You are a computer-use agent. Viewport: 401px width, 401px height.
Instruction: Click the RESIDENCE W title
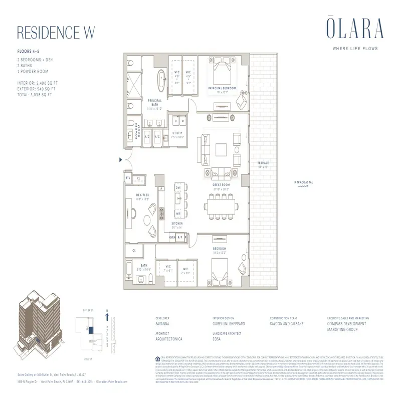tap(56, 31)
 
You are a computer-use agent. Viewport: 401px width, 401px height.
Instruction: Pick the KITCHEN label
tap(178, 224)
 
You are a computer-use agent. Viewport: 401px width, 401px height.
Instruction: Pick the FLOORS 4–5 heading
tap(27, 52)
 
